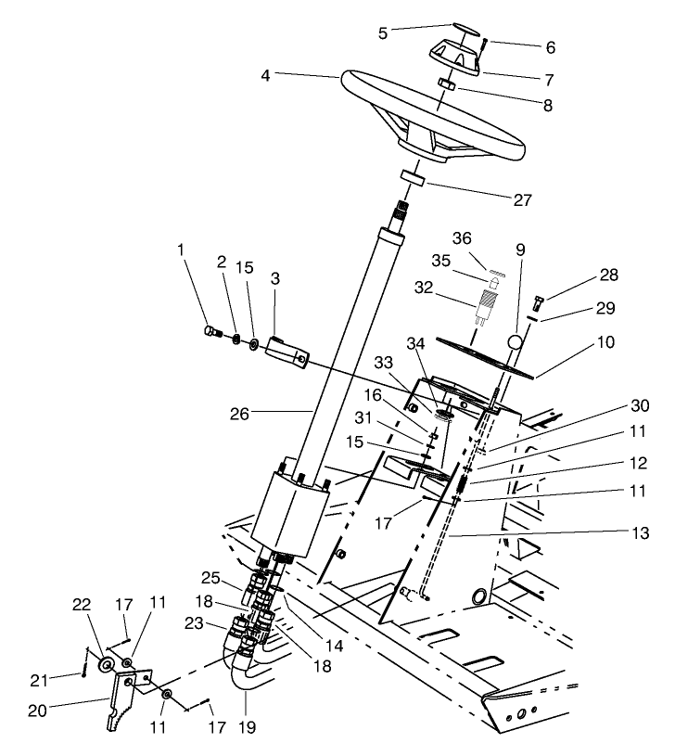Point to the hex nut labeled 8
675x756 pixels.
point(446,84)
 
